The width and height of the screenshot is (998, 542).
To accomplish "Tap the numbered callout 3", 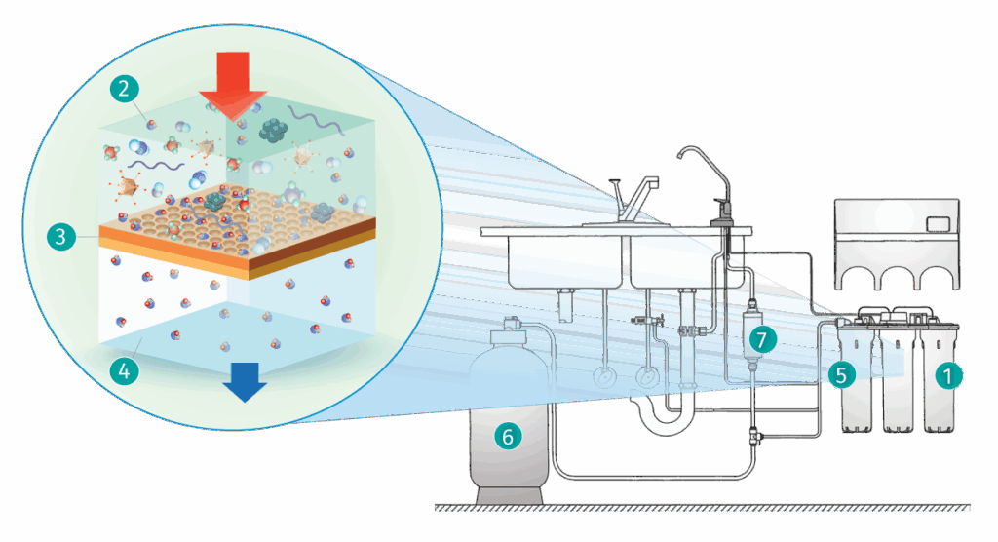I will pyautogui.click(x=60, y=236).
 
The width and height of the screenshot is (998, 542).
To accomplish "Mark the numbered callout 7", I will pyautogui.click(x=761, y=339).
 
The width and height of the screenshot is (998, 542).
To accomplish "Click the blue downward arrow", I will pyautogui.click(x=243, y=383).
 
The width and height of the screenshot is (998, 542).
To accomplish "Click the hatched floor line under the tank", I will pyautogui.click(x=702, y=507).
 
